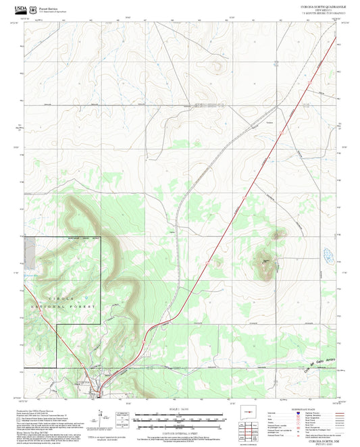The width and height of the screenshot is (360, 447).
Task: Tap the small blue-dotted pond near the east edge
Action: (328, 256)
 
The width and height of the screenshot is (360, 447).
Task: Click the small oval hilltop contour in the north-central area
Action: (217, 66)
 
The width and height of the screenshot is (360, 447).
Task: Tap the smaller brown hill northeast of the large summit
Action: (277, 236)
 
